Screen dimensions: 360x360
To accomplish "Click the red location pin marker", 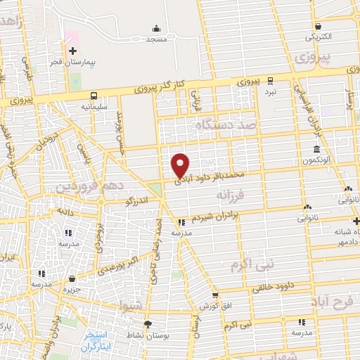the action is coord(181,164).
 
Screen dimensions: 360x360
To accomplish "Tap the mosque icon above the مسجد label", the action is coord(156,29).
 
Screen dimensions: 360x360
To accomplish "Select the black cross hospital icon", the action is coord(73,51).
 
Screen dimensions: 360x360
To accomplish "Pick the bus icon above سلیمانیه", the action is coord(94,96).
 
